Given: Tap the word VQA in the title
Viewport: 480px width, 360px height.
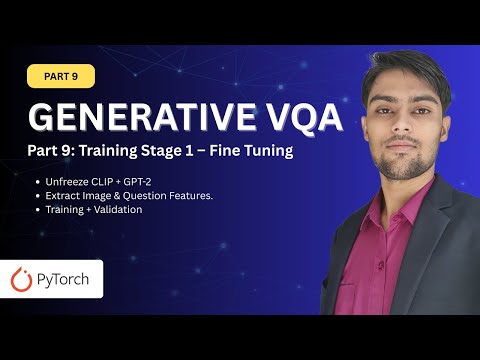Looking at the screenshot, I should (294, 117).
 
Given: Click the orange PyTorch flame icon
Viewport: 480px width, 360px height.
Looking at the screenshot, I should (22, 280).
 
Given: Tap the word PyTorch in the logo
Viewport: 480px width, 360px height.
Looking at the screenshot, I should (65, 280).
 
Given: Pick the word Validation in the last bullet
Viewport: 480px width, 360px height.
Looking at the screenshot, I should (119, 210).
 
